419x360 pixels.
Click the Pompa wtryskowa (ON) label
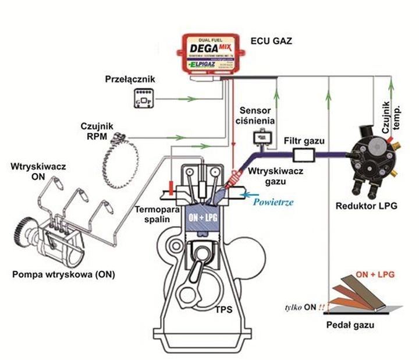(x=62, y=274)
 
